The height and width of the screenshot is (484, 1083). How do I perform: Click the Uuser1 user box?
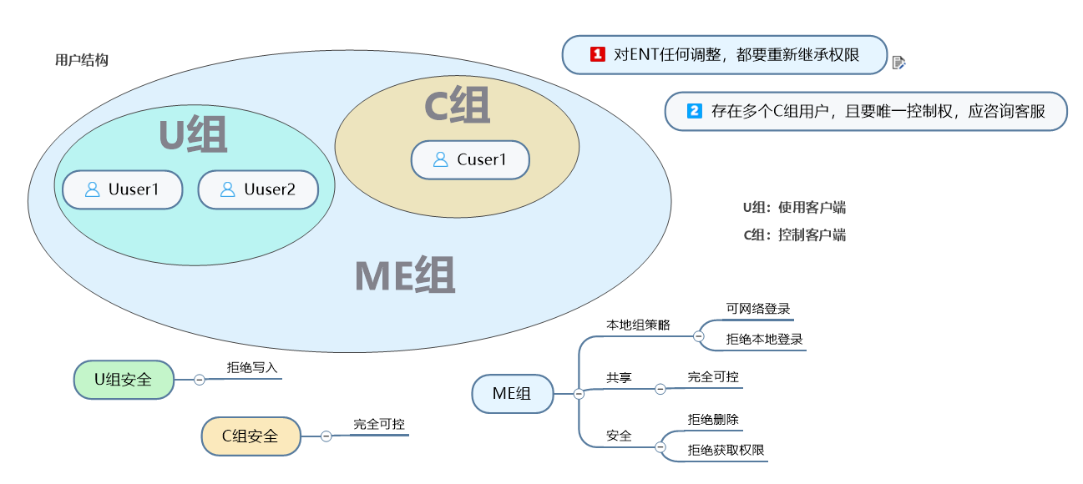point(122,190)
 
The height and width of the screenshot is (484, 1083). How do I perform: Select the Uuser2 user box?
point(258,190)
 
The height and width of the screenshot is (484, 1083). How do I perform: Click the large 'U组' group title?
point(193,135)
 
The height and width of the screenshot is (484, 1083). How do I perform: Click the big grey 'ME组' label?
point(405,276)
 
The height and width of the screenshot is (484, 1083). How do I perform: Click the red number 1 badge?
point(597,54)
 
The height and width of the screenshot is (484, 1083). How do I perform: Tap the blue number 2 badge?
point(694,111)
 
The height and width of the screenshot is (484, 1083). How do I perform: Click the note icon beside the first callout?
point(898,62)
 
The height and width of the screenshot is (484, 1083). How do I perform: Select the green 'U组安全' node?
point(124,380)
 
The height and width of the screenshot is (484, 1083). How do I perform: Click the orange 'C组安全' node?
point(251,436)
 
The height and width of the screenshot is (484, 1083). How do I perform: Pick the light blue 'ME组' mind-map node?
point(512,394)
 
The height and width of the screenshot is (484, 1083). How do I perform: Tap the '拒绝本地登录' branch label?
point(764,340)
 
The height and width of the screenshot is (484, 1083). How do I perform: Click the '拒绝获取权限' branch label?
point(726,450)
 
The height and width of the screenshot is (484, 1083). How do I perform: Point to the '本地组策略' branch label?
point(637,324)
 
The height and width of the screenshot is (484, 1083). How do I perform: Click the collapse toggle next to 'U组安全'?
point(200,380)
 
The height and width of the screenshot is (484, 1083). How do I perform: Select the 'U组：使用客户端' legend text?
point(794,208)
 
